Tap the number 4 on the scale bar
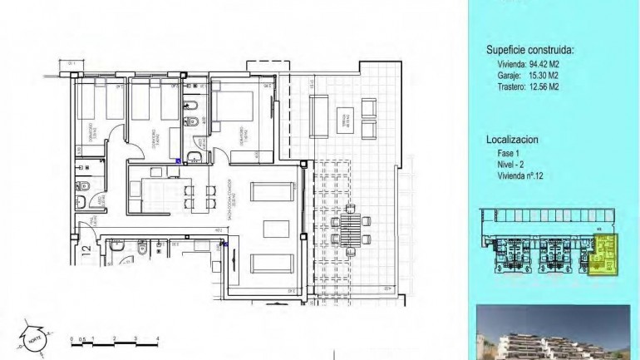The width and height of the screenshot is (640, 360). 157,338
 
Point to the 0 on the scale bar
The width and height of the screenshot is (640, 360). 71,338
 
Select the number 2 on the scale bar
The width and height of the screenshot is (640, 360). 114,338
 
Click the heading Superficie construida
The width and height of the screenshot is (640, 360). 529,51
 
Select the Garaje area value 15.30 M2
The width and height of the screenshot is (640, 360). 544,75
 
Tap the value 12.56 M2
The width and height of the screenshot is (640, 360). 544,86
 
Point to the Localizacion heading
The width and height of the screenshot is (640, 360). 512,141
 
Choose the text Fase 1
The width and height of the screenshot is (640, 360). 499,153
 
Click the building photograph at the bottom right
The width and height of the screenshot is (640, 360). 553,333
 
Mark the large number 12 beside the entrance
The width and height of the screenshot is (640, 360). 86,249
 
